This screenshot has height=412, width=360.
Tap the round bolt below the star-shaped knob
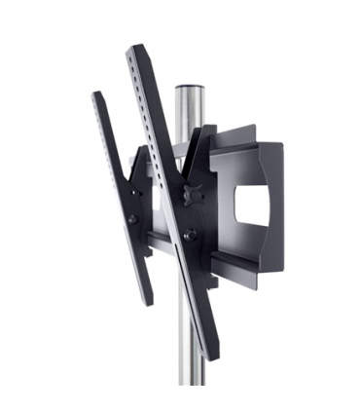coord(191,234)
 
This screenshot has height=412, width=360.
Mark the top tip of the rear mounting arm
coord(96,95)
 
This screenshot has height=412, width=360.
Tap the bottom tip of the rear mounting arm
coord(147,303)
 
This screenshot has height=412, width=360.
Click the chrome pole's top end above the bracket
coord(187,90)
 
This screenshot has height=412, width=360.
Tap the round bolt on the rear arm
coord(132,220)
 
